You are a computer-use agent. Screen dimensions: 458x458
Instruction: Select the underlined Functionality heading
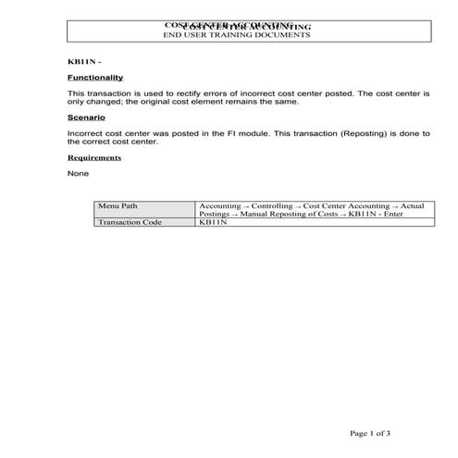(95, 78)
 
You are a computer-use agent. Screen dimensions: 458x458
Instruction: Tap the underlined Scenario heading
(86, 118)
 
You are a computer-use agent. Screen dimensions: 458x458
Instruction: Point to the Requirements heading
(94, 157)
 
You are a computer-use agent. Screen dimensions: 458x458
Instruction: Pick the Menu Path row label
(118, 204)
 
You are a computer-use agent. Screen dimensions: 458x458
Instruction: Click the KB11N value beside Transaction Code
(214, 222)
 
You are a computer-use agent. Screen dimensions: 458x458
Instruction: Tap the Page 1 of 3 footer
(370, 432)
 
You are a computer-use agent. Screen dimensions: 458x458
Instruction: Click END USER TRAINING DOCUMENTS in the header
(236, 35)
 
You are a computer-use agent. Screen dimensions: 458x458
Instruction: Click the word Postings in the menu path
(216, 214)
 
